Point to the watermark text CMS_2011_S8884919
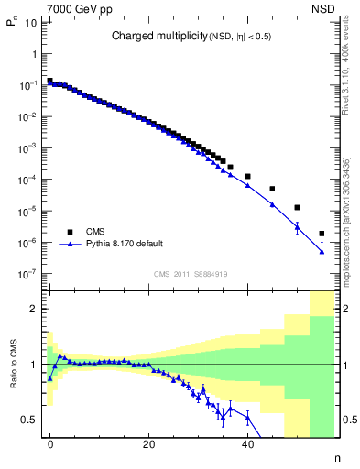191,273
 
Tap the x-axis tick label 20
148,442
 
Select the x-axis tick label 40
247,442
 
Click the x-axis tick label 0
50,442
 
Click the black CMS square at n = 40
247,176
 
